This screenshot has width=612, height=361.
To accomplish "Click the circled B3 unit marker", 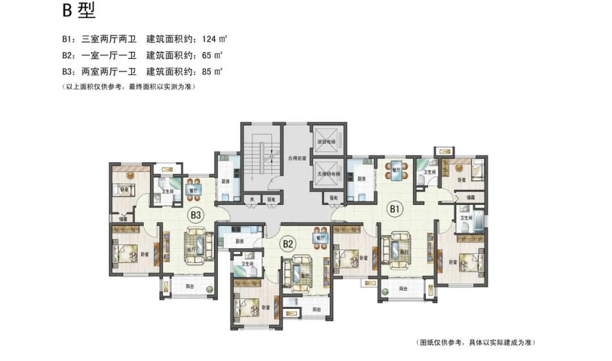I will pos(196,215).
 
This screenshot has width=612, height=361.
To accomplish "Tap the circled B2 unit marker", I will pos(288,244).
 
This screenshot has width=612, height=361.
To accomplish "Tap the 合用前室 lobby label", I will pos(296,158).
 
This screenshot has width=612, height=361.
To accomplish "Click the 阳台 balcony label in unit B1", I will pos(403,288).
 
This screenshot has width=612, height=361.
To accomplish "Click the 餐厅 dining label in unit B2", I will pos(320,239).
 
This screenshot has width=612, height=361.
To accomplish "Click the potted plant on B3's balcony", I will pos(210,291).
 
